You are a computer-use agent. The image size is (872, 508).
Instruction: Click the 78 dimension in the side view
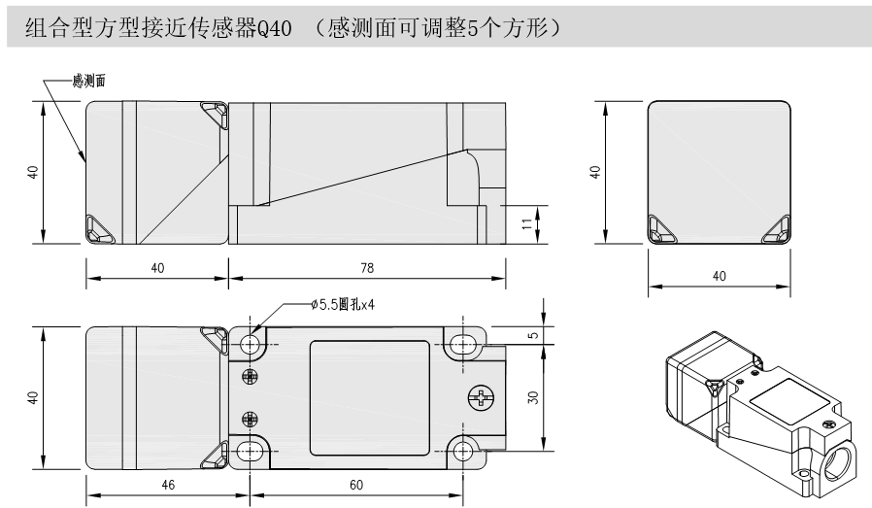(x=366, y=268)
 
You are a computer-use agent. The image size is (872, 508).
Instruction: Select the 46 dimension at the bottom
(x=167, y=484)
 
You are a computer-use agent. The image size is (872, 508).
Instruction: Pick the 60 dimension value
(x=356, y=484)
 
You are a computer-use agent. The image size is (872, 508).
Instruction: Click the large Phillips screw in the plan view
(x=480, y=396)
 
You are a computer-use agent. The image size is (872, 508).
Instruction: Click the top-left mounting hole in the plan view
(x=252, y=343)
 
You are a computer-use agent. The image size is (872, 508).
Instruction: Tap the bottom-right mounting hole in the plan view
(x=465, y=449)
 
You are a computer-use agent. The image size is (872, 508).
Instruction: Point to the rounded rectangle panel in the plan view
(x=369, y=396)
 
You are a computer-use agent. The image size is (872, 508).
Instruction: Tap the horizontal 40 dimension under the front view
(x=719, y=277)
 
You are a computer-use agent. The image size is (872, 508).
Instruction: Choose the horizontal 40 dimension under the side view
(x=157, y=268)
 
